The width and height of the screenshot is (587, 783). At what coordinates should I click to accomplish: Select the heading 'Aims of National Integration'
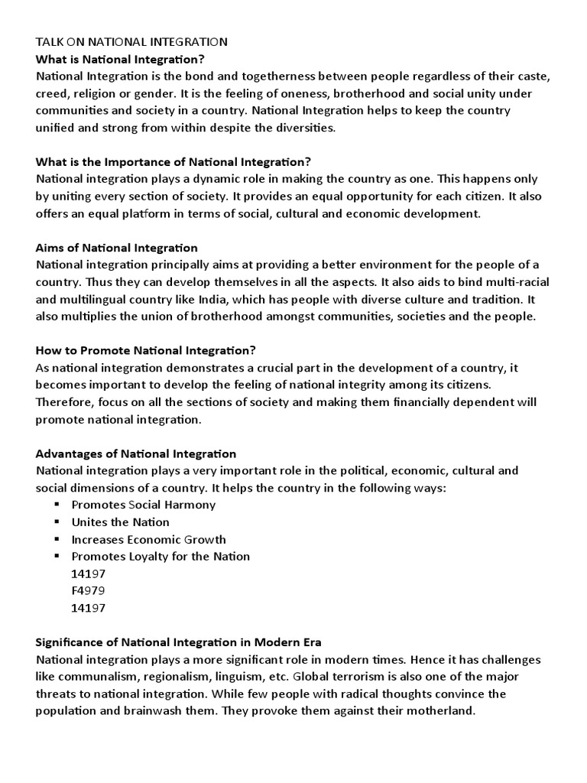pyautogui.click(x=117, y=248)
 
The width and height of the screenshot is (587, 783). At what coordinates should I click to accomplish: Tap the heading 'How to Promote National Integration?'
pyautogui.click(x=146, y=350)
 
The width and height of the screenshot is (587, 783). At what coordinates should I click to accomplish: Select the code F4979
pyautogui.click(x=88, y=590)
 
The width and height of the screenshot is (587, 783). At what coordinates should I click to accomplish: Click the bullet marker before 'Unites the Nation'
pyautogui.click(x=57, y=522)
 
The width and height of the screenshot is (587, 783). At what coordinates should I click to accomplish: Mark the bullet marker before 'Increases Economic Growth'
pyautogui.click(x=57, y=539)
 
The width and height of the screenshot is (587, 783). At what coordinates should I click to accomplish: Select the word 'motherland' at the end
pyautogui.click(x=443, y=710)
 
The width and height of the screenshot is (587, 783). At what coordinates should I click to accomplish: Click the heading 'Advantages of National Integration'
pyautogui.click(x=136, y=453)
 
